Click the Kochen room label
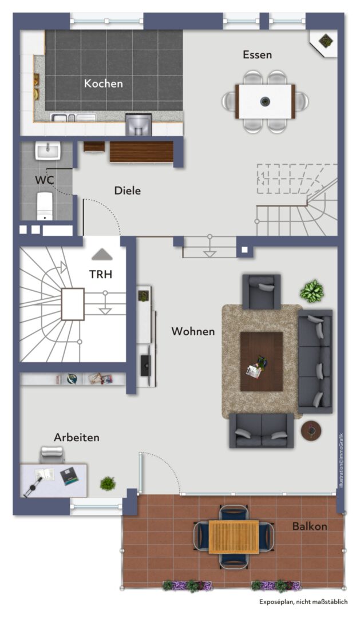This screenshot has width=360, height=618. point(104,84)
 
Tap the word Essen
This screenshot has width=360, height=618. point(257,55)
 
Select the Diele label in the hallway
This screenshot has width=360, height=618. point(128,191)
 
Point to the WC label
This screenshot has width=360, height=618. point(45,180)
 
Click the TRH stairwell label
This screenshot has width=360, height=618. point(101,274)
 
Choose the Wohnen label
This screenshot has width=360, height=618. point(193,331)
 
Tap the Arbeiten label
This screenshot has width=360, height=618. point(77,438)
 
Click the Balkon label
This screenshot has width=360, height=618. point(310,526)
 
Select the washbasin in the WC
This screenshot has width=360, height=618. point(48,150)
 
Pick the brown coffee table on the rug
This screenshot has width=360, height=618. point(262,362)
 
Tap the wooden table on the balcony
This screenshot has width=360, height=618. point(234,536)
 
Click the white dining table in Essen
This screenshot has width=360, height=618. point(266,101)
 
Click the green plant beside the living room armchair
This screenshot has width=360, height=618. point(312,291)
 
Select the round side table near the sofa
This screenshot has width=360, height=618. point(311,431)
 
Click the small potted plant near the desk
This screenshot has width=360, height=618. point(108,483)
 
